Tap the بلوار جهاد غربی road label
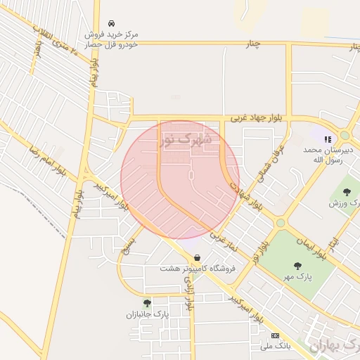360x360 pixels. point(250,120)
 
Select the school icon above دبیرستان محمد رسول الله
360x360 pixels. point(328,139)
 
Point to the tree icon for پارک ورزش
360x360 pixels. point(345,191)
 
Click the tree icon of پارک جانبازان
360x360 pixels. point(147,303)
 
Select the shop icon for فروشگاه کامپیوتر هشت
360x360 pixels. point(196,258)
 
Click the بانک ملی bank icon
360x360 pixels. point(275,336)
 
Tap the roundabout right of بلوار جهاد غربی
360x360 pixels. point(345,135)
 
